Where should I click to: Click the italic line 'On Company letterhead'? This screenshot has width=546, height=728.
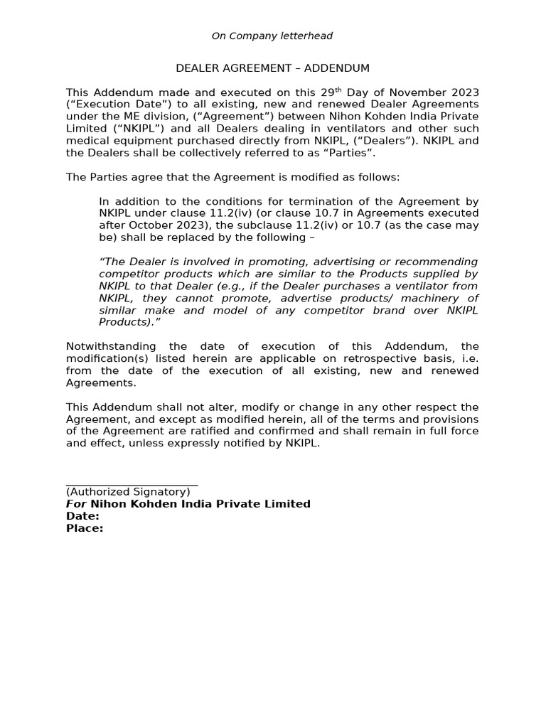click(x=272, y=36)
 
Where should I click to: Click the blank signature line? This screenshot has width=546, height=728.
click(x=132, y=483)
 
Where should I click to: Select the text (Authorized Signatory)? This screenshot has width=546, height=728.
click(x=128, y=492)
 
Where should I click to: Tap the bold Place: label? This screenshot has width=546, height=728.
click(x=85, y=528)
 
